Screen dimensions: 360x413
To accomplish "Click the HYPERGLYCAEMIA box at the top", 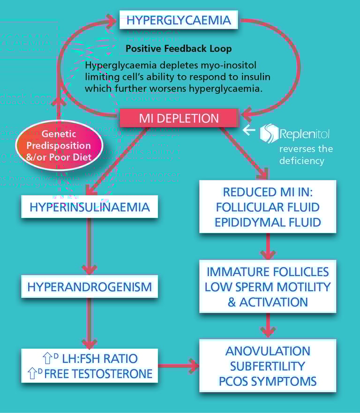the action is pyautogui.click(x=179, y=20).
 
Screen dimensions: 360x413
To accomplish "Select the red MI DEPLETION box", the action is pyautogui.click(x=179, y=118).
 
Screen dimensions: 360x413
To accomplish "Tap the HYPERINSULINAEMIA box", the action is pyautogui.click(x=90, y=207).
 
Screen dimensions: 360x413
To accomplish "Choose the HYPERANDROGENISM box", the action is pyautogui.click(x=90, y=286).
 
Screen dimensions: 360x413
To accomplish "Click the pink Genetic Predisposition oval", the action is pyautogui.click(x=59, y=145).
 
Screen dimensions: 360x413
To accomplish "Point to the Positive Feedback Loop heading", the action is pyautogui.click(x=179, y=48).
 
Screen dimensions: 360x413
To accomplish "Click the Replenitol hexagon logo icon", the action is pyautogui.click(x=269, y=133).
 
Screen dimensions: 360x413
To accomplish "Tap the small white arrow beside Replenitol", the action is pyautogui.click(x=249, y=130).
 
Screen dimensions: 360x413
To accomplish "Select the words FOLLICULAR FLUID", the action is pyautogui.click(x=268, y=207).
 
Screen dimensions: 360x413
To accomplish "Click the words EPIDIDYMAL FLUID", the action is pyautogui.click(x=268, y=222).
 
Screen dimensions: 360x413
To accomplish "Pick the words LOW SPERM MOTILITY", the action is pyautogui.click(x=268, y=287).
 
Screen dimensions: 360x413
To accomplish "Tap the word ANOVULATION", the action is pyautogui.click(x=268, y=351).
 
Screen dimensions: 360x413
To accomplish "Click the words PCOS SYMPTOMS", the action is pyautogui.click(x=268, y=382).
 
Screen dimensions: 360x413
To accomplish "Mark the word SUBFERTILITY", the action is pyautogui.click(x=268, y=366).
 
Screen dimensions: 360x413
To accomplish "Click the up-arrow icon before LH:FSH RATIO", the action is pyautogui.click(x=47, y=358).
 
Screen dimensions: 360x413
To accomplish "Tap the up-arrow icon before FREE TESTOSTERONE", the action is pyautogui.click(x=32, y=373).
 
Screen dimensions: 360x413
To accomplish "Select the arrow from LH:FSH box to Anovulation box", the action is pyautogui.click(x=179, y=366).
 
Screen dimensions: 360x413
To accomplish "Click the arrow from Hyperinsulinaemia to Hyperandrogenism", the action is pyautogui.click(x=90, y=247).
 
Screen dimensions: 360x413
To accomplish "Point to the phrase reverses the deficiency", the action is pyautogui.click(x=306, y=155).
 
